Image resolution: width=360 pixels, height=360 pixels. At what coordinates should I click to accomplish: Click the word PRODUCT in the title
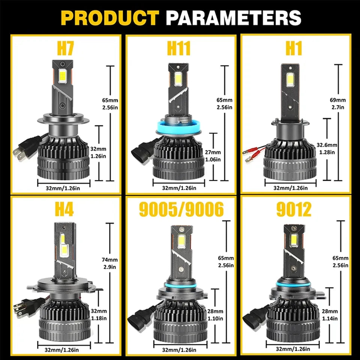coord(110,18)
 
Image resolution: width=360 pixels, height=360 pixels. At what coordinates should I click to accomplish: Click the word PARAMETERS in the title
coord(234,18)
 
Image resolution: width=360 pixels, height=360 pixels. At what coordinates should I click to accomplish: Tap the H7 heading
coord(65,48)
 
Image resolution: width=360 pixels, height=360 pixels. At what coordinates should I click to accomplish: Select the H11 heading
coord(179,48)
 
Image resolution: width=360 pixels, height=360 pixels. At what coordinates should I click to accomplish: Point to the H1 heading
coord(294,48)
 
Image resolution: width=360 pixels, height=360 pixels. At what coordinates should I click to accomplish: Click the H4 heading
coord(64,209)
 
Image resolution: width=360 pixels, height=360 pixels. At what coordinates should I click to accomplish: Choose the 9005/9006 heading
coord(181,209)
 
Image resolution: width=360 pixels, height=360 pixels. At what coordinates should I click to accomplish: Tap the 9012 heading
coord(294,209)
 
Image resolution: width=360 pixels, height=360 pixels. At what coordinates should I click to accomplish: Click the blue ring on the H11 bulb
coord(179,128)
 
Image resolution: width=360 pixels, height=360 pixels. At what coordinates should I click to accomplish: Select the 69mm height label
coord(338,100)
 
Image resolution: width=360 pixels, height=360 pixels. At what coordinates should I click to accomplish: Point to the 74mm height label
coord(110,259)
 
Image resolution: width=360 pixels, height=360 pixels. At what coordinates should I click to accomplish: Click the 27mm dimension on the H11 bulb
coord(213,152)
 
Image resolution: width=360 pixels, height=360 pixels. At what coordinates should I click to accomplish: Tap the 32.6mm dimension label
coord(327,145)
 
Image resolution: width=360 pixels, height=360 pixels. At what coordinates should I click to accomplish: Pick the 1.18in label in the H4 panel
coord(99,318)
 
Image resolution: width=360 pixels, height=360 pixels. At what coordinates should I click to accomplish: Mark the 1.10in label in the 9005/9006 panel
coord(215,319)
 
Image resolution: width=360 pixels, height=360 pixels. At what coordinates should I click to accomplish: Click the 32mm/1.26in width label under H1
coord(290,188)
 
